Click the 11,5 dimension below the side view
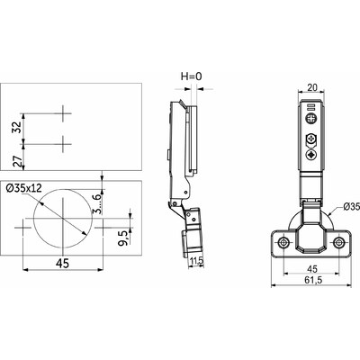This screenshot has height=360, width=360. (195, 261)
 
